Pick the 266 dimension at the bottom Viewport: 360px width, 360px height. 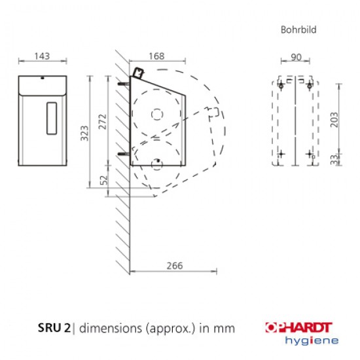tap(173, 265)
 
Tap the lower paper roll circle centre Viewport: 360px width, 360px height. tap(157, 163)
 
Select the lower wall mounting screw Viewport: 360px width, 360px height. tap(123, 154)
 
